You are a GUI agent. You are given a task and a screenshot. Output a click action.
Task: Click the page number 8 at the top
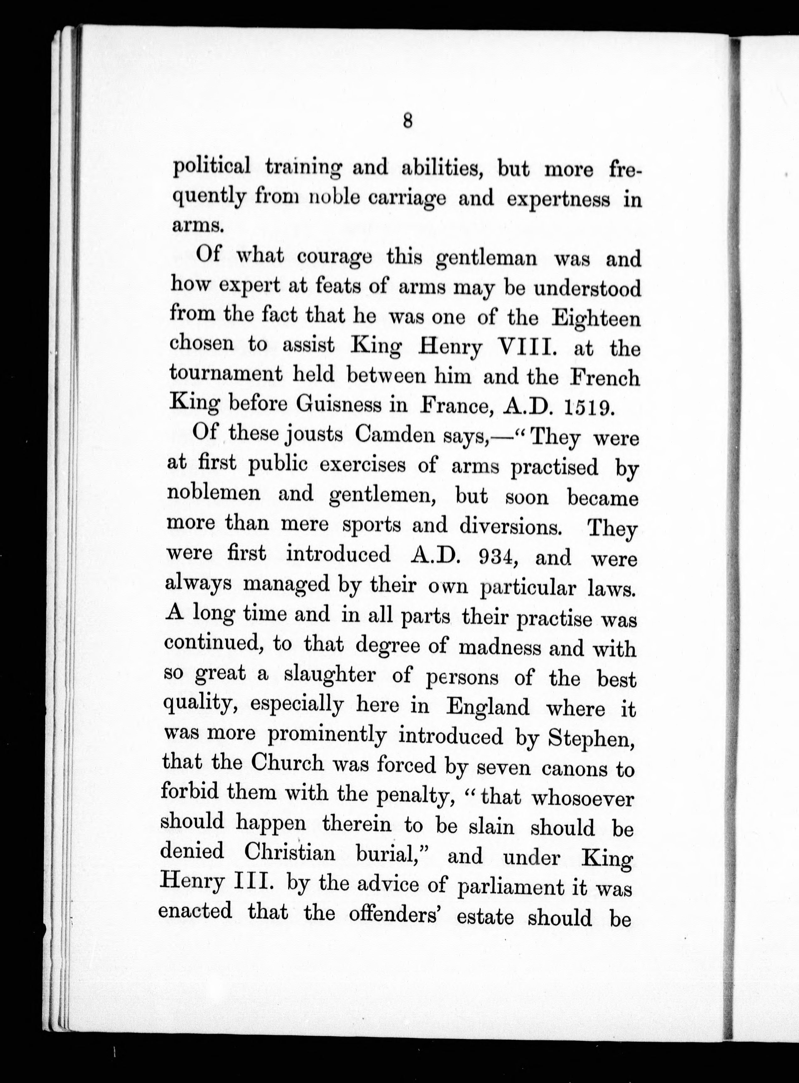[x=407, y=120]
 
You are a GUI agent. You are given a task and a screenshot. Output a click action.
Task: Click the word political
[x=212, y=167]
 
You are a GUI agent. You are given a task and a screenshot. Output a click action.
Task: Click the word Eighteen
[x=596, y=319]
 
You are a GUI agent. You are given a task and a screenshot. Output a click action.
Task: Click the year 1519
[x=586, y=407]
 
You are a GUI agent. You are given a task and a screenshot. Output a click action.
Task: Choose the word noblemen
[x=214, y=493]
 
